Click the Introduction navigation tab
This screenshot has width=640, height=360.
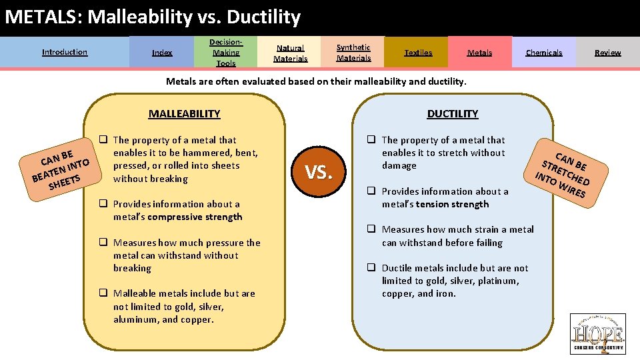65,52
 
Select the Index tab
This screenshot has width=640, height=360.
162,52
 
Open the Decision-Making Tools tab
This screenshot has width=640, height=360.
225,52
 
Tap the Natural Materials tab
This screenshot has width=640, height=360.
291,53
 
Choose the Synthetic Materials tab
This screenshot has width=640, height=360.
353,52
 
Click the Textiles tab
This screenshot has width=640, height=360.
418,52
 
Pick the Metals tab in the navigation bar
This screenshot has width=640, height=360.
479,52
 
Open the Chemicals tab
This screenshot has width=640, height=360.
543,52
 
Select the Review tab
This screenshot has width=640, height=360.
607,52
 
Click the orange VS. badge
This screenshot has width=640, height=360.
319,173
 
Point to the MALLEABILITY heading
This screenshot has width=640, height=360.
184,113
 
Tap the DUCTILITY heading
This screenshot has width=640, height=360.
453,113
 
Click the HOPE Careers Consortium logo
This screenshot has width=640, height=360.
598,333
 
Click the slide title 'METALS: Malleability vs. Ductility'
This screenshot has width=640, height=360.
153,17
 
